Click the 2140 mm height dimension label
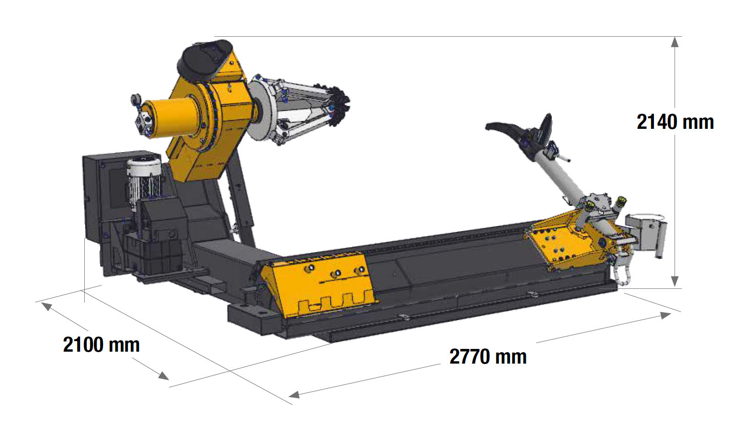(675, 122)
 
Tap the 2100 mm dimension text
(101, 345)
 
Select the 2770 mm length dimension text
(488, 357)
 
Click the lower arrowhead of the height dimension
(675, 282)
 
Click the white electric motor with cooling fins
(144, 180)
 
